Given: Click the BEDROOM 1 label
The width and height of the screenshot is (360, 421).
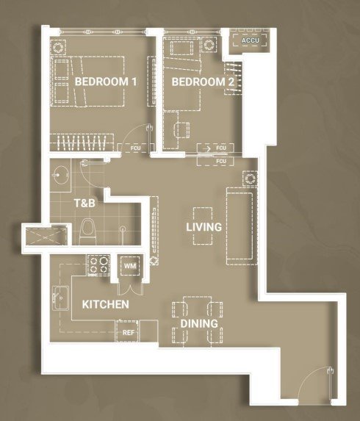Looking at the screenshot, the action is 106,82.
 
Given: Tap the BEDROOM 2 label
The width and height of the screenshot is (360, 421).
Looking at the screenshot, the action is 203,82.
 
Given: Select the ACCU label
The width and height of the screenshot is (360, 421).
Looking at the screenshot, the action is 251,40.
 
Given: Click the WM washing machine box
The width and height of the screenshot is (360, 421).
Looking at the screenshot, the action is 130,266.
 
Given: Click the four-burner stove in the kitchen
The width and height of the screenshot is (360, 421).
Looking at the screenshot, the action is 98,265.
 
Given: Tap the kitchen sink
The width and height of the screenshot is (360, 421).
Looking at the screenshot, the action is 60,298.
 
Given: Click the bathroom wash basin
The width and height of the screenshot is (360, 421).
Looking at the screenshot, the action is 61,176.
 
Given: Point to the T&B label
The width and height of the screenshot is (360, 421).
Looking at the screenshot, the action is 84,204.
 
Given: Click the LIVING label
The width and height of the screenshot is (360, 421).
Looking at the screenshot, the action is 204,227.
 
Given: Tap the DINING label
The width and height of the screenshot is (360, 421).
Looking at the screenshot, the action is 199,323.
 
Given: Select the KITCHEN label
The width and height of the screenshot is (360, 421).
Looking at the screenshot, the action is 106,304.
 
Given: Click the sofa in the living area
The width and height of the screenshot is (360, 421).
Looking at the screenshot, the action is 240,226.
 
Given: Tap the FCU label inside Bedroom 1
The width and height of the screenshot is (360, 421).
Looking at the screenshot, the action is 136,148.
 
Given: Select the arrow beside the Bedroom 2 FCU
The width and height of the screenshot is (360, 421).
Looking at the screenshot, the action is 206,148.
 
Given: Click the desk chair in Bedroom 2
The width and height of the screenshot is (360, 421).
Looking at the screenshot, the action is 182,130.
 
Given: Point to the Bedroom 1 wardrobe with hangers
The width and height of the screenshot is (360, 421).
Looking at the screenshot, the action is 82,143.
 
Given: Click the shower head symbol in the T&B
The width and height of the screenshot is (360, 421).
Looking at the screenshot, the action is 123,229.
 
